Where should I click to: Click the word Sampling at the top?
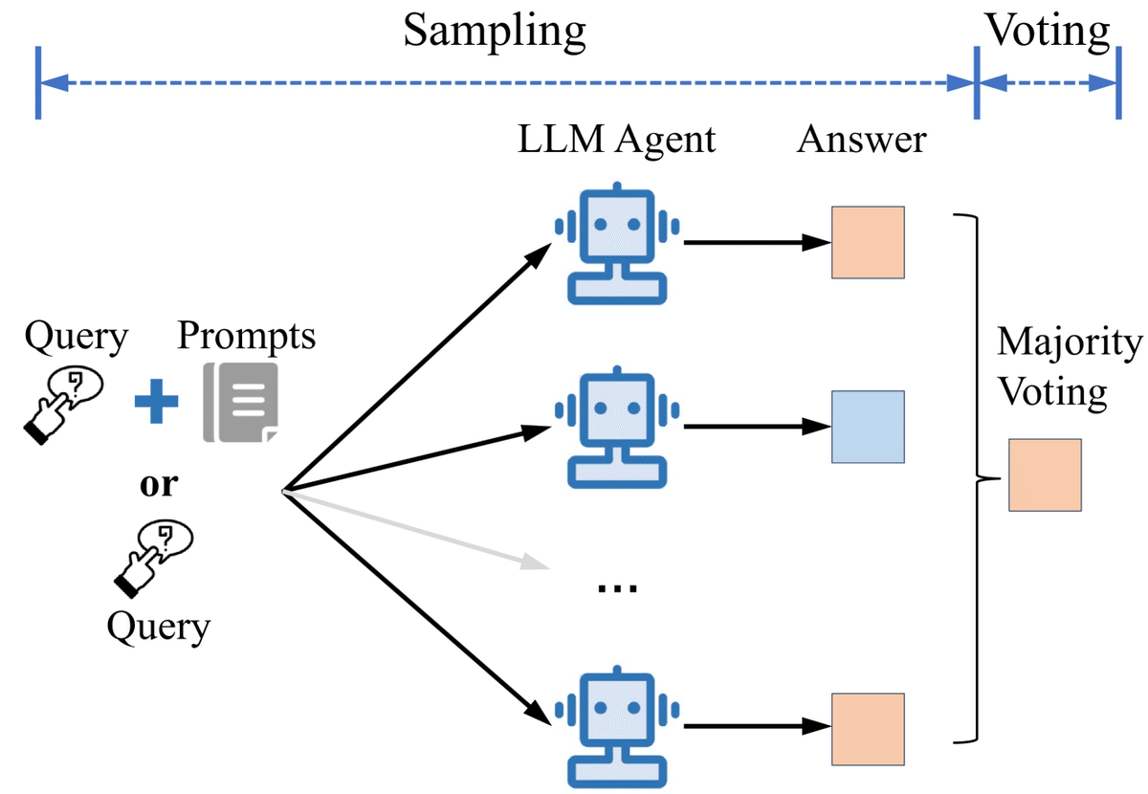point(494,31)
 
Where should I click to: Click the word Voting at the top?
point(1048,31)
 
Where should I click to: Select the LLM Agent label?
point(616,140)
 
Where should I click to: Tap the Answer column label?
point(861,140)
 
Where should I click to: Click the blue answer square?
point(868,428)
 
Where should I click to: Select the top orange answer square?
point(868,243)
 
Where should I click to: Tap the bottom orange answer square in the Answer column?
point(868,730)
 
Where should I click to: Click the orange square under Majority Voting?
point(1045,475)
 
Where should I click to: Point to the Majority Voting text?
point(1068,366)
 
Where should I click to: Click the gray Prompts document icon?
point(240,403)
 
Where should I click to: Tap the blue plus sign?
point(156,403)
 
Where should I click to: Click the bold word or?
point(159,483)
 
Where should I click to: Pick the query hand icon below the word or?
point(153,554)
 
